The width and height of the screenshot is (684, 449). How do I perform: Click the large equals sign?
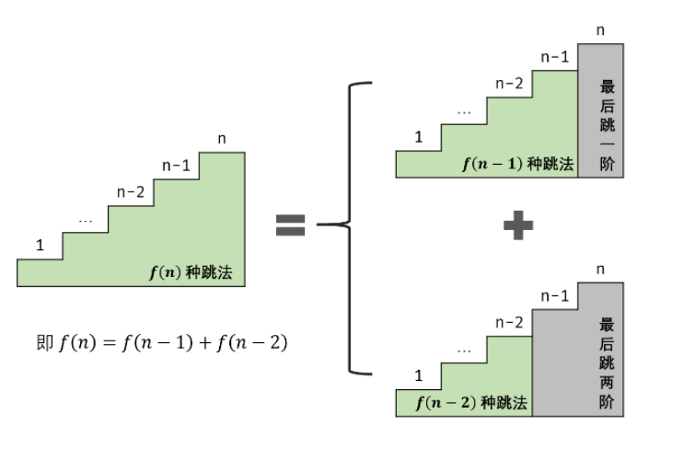(x=290, y=224)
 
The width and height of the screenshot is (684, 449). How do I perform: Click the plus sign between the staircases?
(x=518, y=224)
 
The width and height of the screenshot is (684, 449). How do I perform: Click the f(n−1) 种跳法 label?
(x=517, y=164)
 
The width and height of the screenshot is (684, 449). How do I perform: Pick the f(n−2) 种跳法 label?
(x=471, y=402)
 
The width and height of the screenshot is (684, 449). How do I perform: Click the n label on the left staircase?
(x=222, y=139)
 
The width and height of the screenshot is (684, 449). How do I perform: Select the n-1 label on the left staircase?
(x=176, y=166)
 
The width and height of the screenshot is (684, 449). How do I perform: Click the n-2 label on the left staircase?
(x=131, y=192)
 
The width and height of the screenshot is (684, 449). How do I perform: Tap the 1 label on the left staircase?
(x=40, y=245)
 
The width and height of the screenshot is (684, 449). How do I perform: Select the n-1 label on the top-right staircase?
(x=555, y=57)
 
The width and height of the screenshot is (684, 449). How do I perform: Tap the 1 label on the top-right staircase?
(x=419, y=137)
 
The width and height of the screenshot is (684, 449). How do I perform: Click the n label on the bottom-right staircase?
(x=601, y=269)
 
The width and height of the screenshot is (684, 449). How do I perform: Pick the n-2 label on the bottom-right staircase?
(x=509, y=322)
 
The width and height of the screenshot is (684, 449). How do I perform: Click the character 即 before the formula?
(x=43, y=344)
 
